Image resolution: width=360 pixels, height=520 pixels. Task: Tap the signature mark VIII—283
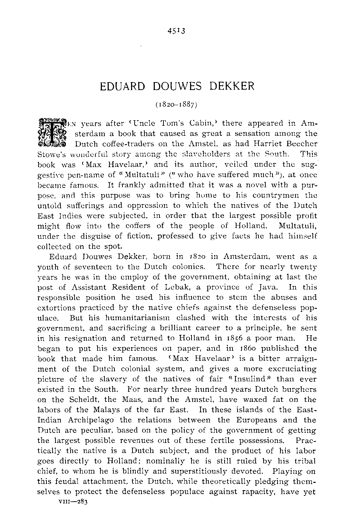point(68,501)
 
